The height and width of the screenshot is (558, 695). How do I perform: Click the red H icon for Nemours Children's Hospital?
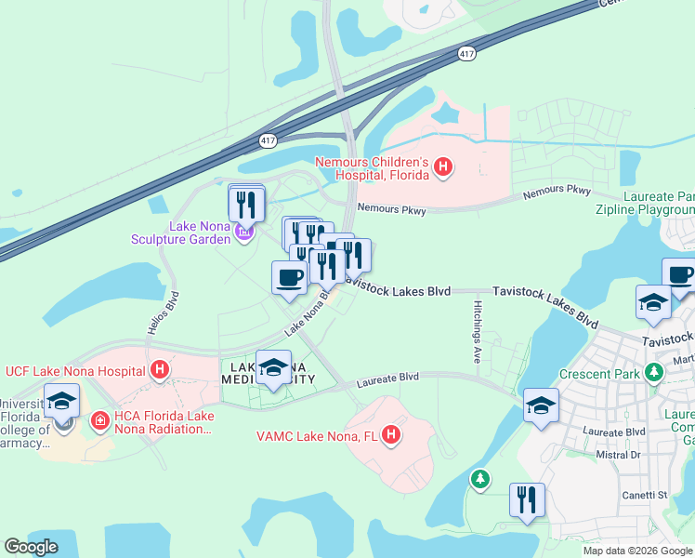pyautogui.click(x=444, y=167)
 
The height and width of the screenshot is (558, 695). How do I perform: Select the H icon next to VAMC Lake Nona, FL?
pyautogui.click(x=392, y=434)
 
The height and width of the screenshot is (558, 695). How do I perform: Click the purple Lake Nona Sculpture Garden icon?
pyautogui.click(x=243, y=232)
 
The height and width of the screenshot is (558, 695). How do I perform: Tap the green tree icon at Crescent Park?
pyautogui.click(x=655, y=374)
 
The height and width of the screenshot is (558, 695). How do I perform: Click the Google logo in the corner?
pyautogui.click(x=31, y=547)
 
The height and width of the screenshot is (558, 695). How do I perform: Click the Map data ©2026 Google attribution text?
pyautogui.click(x=637, y=551)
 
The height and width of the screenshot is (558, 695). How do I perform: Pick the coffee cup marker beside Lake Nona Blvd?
pyautogui.click(x=289, y=277)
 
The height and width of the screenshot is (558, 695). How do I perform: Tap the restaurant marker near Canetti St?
pyautogui.click(x=527, y=499)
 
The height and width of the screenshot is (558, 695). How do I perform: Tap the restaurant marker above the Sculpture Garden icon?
pyautogui.click(x=246, y=203)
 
